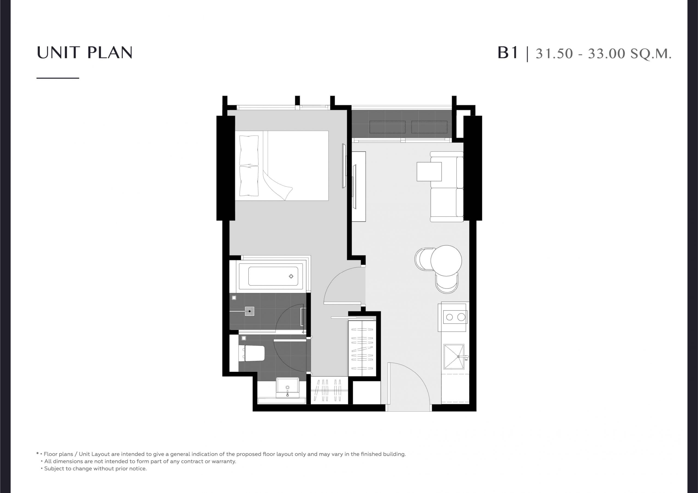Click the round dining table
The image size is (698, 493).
pyautogui.click(x=446, y=261)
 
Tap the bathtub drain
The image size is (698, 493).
pyautogui.click(x=291, y=276)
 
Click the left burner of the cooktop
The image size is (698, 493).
pyautogui.click(x=449, y=317)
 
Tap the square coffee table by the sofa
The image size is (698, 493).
pyautogui.click(x=429, y=172)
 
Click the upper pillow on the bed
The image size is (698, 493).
pyautogui.click(x=249, y=150)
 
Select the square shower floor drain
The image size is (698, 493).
pyautogui.click(x=249, y=311)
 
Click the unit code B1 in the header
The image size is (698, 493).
pyautogui.click(x=507, y=53)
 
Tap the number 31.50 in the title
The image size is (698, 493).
pyautogui.click(x=554, y=53)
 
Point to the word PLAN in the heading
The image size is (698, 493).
pyautogui.click(x=110, y=53)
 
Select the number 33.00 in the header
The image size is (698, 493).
pyautogui.click(x=606, y=53)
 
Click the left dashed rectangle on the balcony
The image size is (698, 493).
pyautogui.click(x=387, y=127)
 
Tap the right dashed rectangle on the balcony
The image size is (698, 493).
pyautogui.click(x=429, y=127)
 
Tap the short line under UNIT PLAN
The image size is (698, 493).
pyautogui.click(x=58, y=78)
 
